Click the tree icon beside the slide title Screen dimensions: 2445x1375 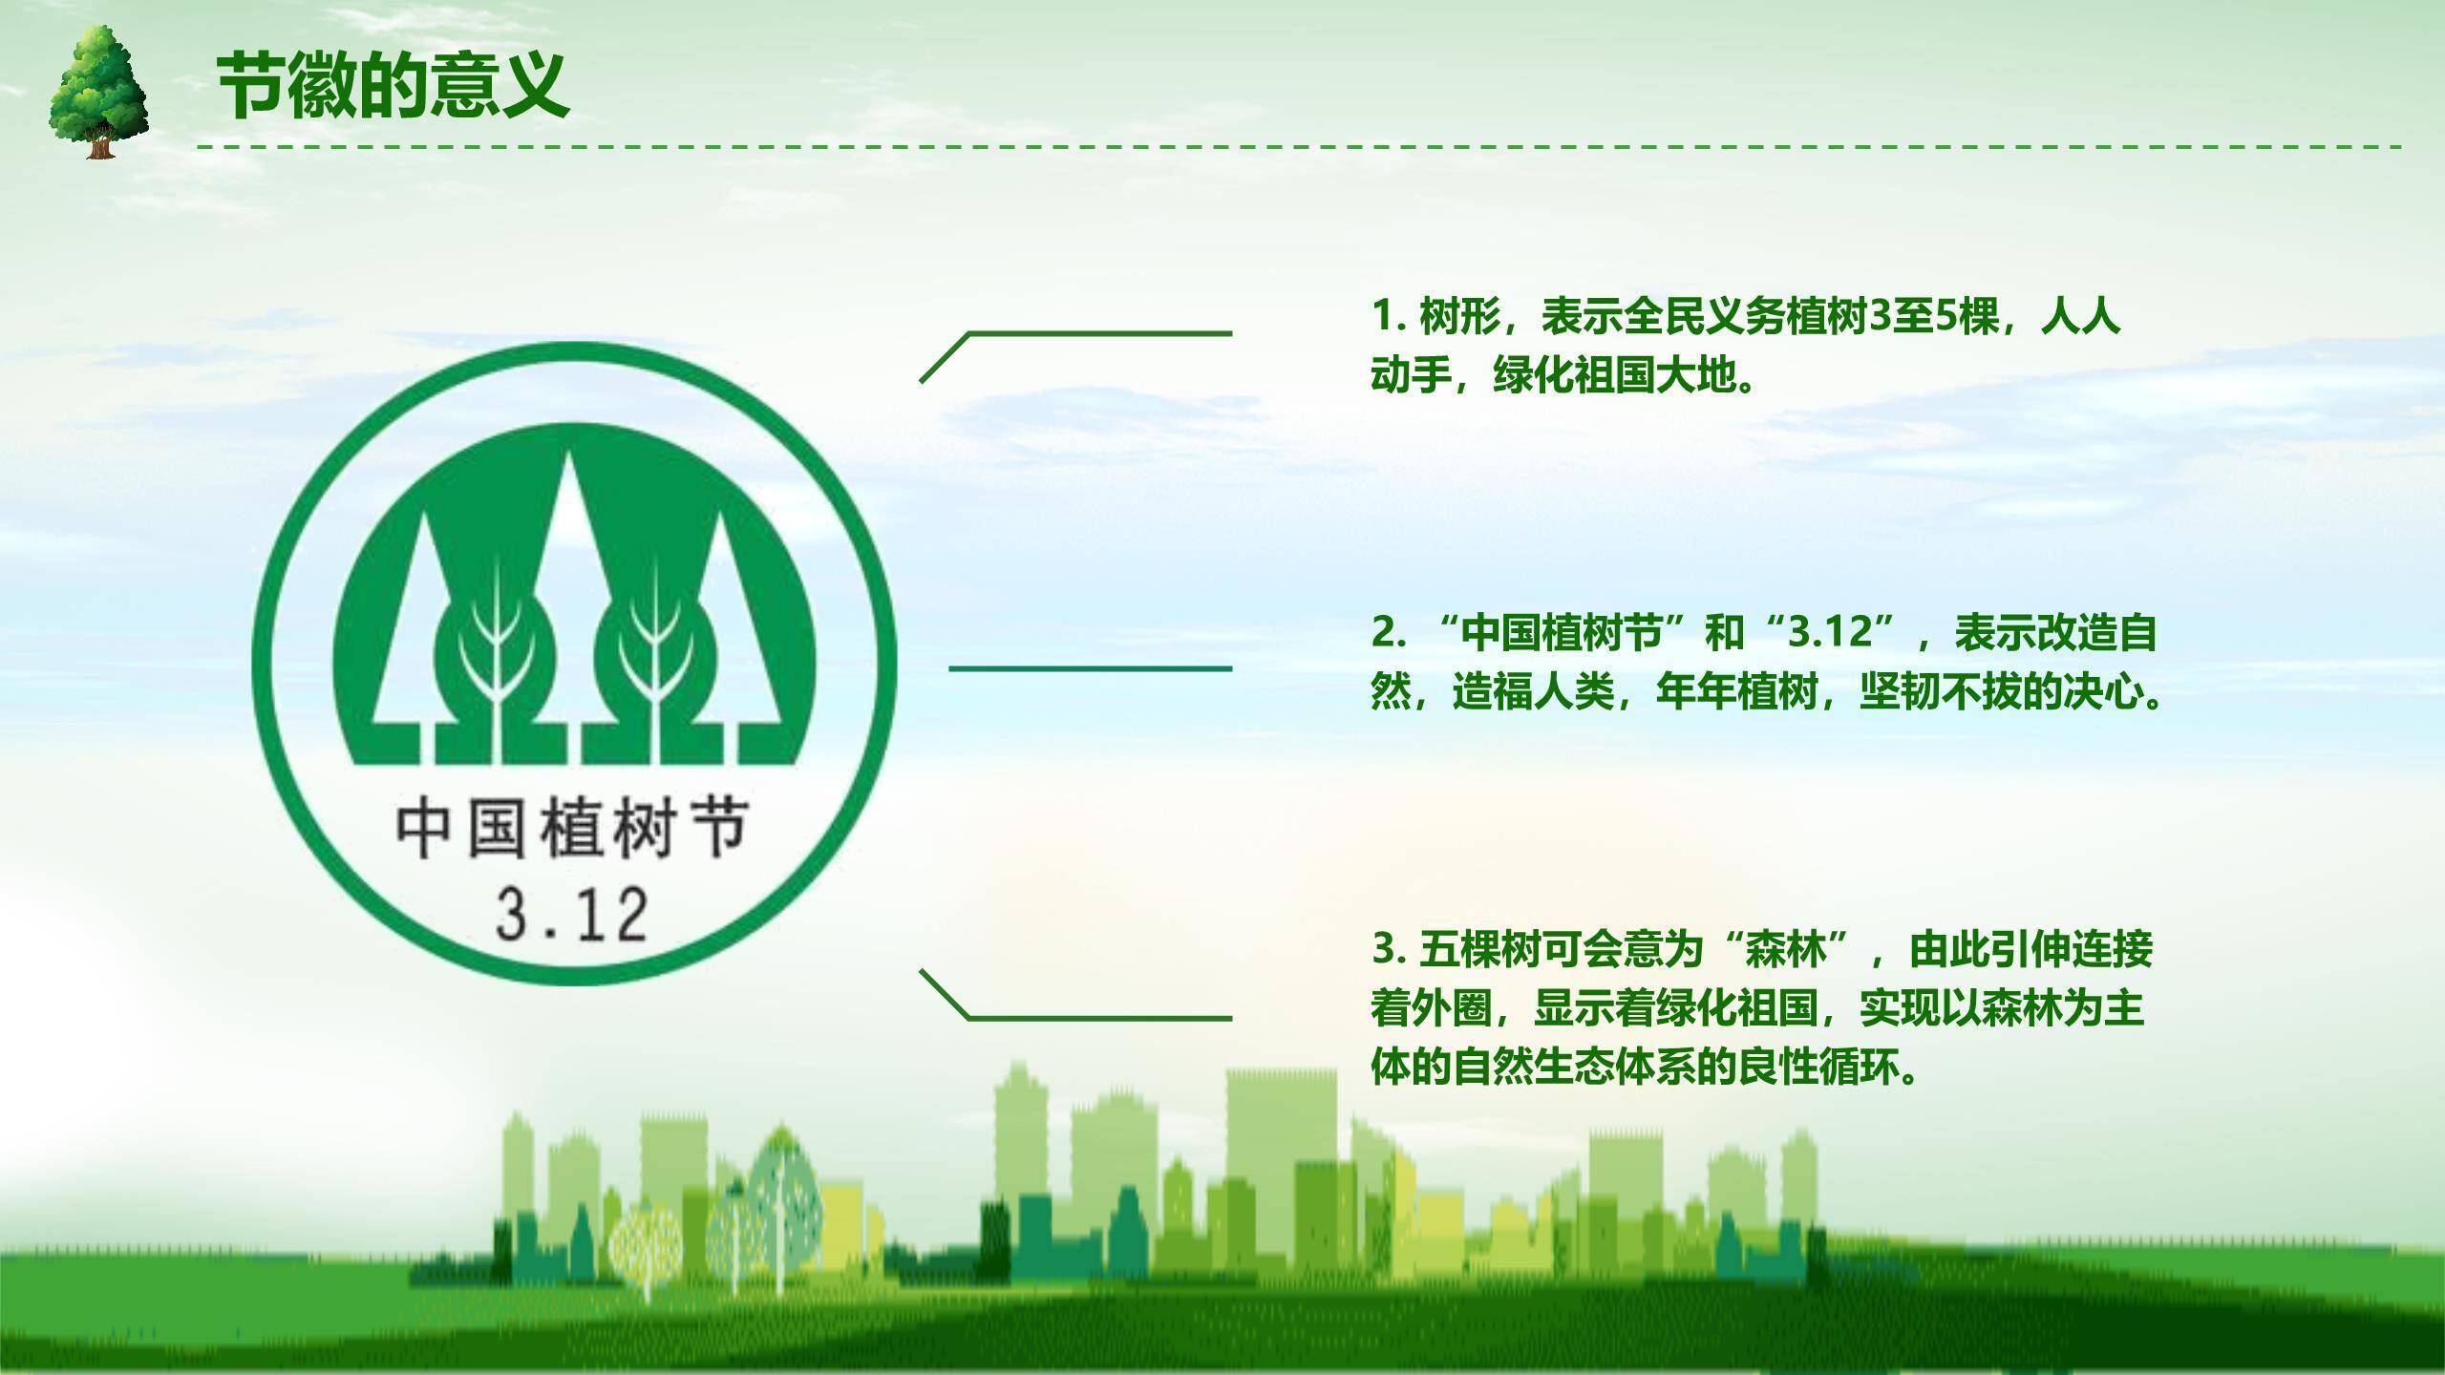point(98,92)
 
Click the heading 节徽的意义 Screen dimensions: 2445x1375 point(393,86)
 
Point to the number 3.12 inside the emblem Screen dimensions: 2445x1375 point(572,915)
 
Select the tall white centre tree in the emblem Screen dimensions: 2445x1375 point(570,573)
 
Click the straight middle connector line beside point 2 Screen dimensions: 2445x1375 point(1090,668)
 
